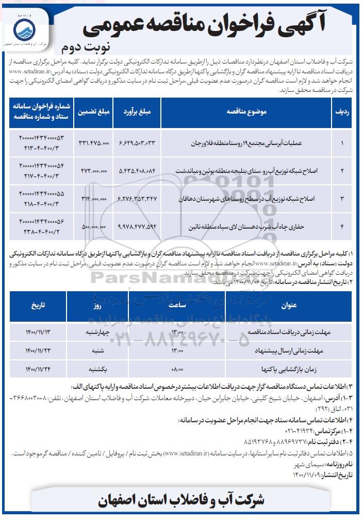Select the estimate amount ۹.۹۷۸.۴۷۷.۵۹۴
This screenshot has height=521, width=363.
click(137, 226)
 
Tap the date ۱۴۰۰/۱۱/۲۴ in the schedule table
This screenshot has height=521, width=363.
click(37, 369)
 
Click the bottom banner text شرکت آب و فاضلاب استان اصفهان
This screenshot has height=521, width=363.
click(181, 500)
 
